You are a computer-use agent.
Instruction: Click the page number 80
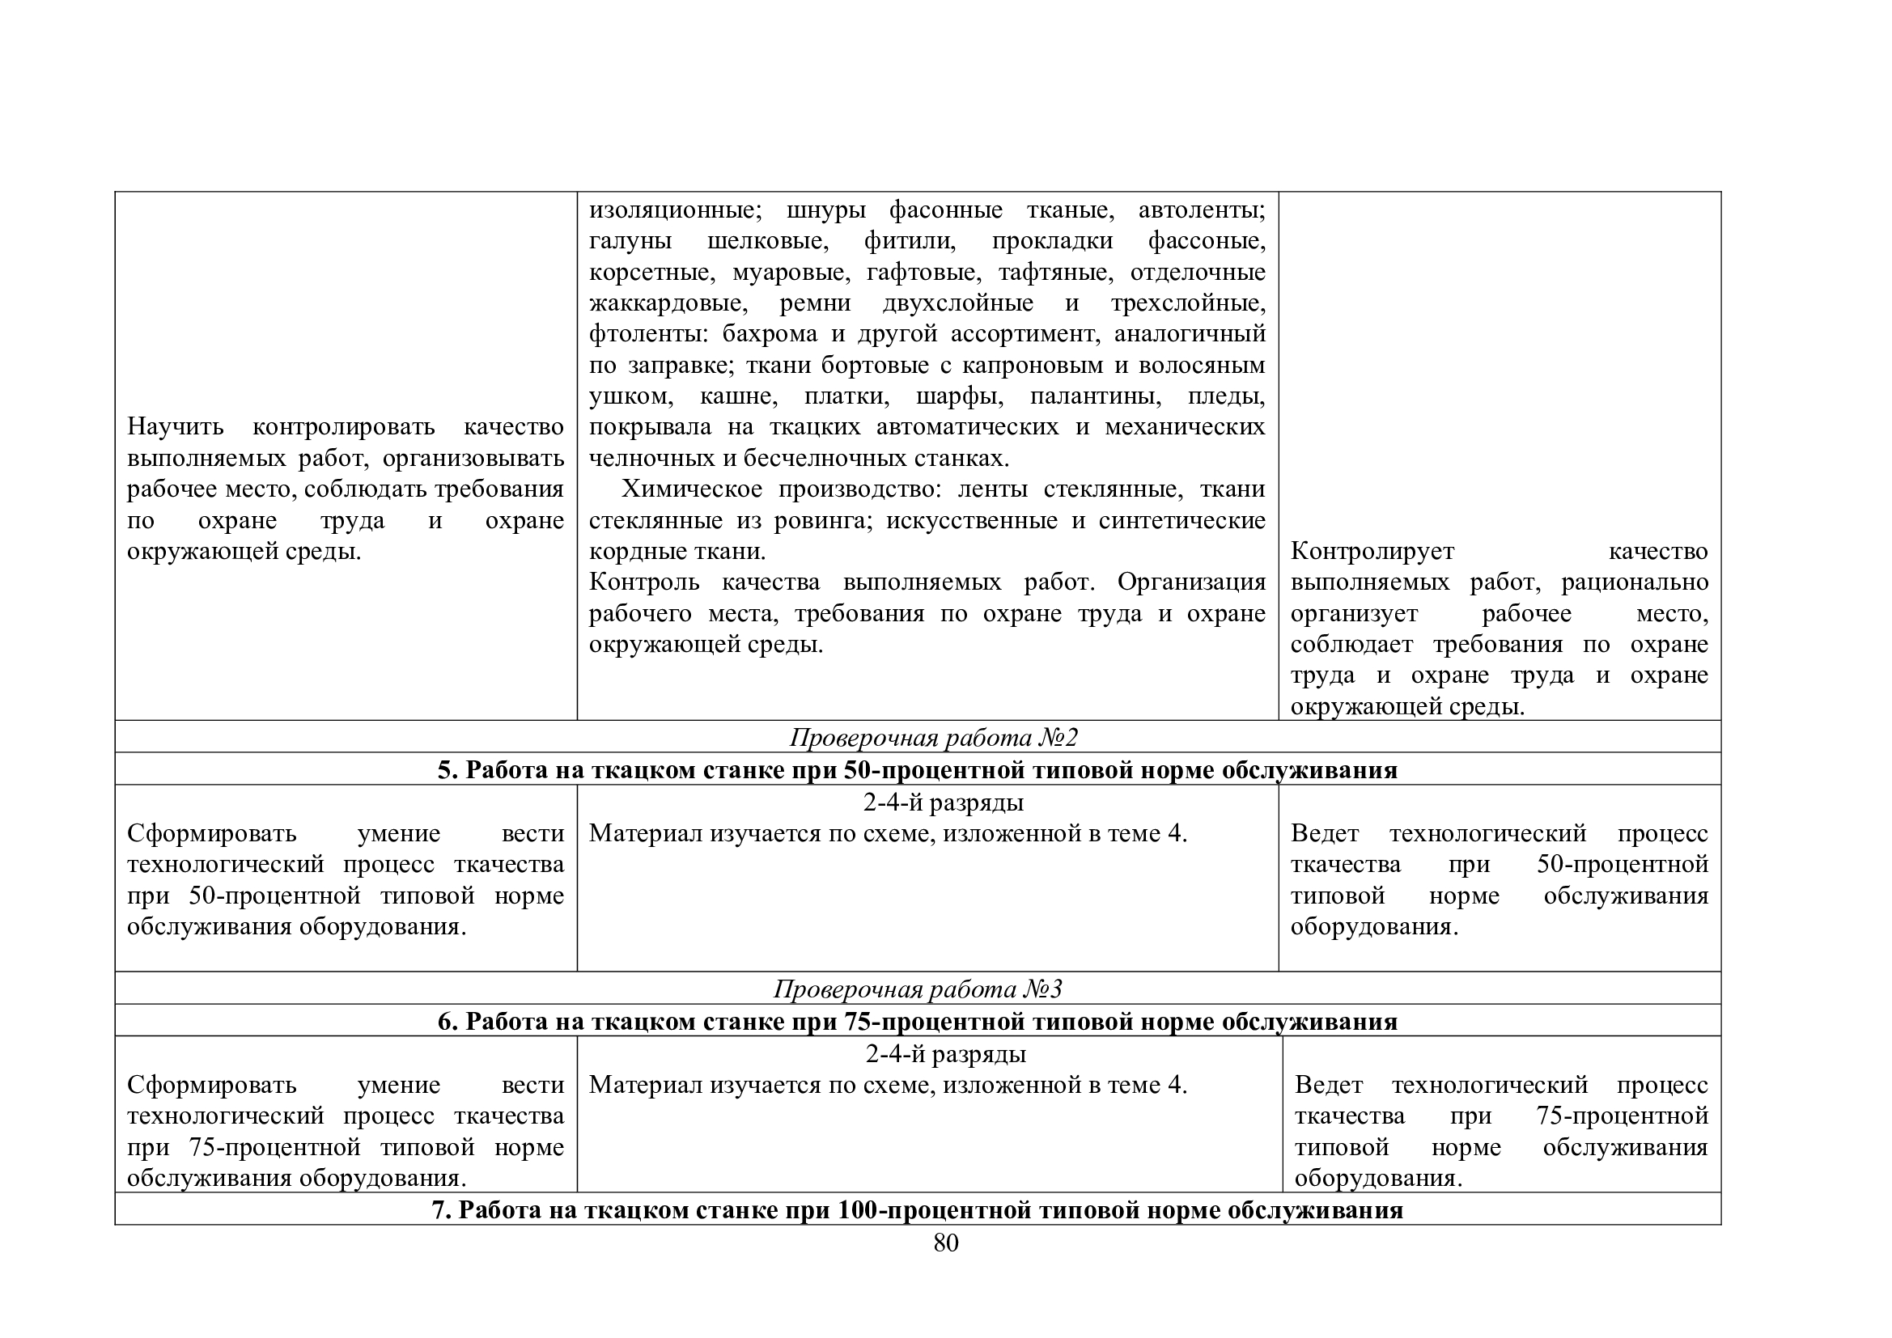pyautogui.click(x=945, y=1243)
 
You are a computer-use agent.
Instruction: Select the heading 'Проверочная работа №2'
pyautogui.click(x=933, y=738)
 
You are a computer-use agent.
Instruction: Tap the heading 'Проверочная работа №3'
pyautogui.click(x=917, y=989)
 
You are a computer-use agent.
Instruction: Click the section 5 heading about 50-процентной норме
pyautogui.click(x=917, y=769)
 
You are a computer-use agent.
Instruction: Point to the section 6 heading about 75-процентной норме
pyautogui.click(x=917, y=1021)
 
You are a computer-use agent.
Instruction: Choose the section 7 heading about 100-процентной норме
pyautogui.click(x=917, y=1209)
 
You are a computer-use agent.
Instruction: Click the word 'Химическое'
pyautogui.click(x=691, y=489)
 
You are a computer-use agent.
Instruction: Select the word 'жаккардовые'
pyautogui.click(x=668, y=303)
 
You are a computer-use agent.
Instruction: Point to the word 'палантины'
pyautogui.click(x=1096, y=396)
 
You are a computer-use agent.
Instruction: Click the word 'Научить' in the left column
pyautogui.click(x=175, y=427)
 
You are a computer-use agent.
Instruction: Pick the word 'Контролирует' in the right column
pyautogui.click(x=1372, y=551)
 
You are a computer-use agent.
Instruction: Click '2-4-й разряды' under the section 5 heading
pyautogui.click(x=944, y=802)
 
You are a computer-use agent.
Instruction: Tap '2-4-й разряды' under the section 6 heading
pyautogui.click(x=945, y=1054)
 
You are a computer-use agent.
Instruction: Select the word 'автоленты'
pyautogui.click(x=1202, y=210)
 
